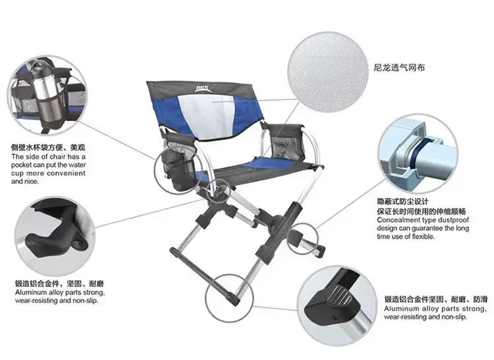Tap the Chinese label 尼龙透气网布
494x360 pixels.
click(399, 68)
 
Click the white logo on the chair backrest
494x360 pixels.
click(202, 89)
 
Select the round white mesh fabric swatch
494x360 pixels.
click(328, 72)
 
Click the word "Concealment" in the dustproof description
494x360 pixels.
click(394, 220)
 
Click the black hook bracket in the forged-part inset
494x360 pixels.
click(56, 233)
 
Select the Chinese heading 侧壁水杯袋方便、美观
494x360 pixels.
click(48, 147)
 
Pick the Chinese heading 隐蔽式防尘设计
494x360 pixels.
click(402, 201)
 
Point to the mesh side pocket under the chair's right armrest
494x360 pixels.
click(287, 149)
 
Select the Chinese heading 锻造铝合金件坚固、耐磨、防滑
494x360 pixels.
click(436, 299)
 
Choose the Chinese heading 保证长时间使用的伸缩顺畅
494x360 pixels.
click(422, 211)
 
